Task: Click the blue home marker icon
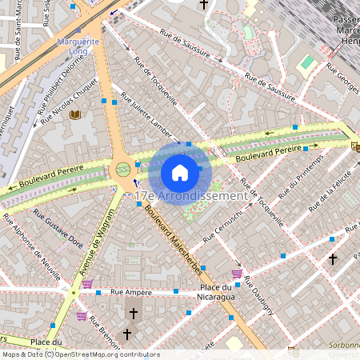click(x=180, y=172)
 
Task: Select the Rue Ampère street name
click(x=132, y=293)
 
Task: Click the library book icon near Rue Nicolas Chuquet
click(x=75, y=116)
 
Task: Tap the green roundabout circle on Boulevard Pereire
click(x=122, y=169)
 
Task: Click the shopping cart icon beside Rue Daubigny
click(x=236, y=274)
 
